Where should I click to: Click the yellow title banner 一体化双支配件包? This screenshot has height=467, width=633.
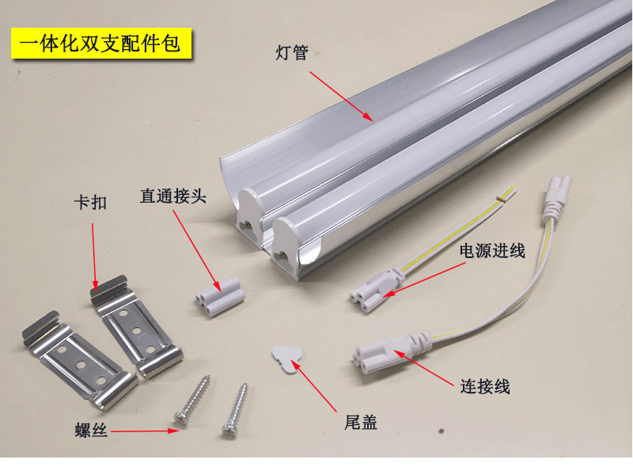100,43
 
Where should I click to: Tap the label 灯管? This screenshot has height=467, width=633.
291,54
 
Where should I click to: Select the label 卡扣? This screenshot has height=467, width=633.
89,203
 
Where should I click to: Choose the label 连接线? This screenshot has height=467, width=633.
484,387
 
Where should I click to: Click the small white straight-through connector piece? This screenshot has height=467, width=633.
218,295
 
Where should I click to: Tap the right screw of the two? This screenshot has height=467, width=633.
237,408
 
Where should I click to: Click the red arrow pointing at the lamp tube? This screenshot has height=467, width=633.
340,95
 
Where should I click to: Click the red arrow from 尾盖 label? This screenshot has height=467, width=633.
320,388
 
